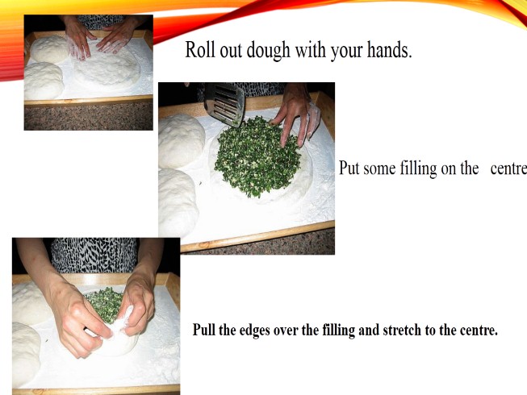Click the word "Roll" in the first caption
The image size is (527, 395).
tap(200, 50)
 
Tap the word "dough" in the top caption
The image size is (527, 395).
tap(268, 50)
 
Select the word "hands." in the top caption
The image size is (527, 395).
tap(389, 50)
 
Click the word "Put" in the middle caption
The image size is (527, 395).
tap(349, 168)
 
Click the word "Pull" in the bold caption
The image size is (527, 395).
tap(204, 330)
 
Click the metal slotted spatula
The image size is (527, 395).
tap(224, 103)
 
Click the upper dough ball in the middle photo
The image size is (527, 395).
tap(181, 140)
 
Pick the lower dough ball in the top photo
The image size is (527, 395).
tap(44, 81)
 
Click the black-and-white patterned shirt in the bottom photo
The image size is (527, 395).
tap(94, 255)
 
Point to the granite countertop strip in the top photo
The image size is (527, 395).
tap(89, 116)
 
